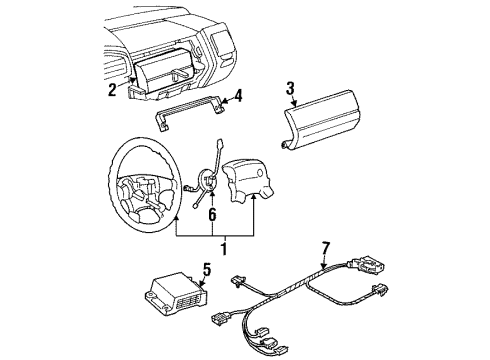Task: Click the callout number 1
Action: (224, 249)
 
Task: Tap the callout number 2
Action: (112, 90)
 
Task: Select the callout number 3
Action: (290, 89)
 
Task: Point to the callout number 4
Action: (238, 96)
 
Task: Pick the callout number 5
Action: (207, 270)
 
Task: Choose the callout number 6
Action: (212, 215)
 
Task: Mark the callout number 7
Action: (326, 249)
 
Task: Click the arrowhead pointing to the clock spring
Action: (212, 193)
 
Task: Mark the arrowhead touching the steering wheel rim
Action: (176, 218)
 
